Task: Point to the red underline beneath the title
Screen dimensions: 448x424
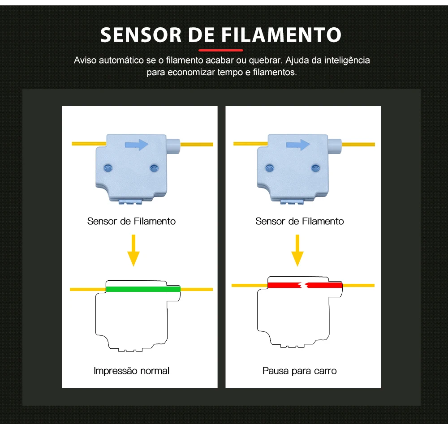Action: (220, 50)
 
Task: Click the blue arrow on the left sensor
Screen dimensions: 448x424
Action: (136, 144)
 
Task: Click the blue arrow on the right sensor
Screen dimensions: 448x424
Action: (298, 145)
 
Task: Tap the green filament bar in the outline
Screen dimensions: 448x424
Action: (143, 289)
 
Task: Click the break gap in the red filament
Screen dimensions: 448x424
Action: (304, 285)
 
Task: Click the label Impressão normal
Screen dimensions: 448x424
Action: (131, 371)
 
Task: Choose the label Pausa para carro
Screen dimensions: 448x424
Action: (299, 371)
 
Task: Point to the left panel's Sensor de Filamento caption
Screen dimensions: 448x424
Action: (131, 221)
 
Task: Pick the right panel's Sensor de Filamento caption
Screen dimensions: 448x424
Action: (299, 221)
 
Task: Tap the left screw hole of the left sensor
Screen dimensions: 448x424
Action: (107, 167)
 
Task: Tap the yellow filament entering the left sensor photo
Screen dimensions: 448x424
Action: (88, 143)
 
